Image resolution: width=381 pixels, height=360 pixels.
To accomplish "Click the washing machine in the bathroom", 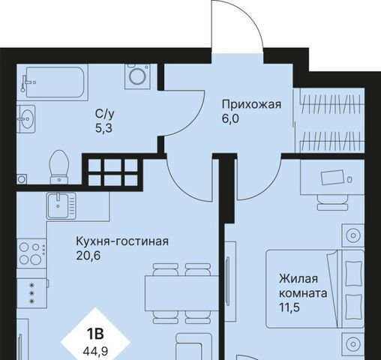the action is [137, 76].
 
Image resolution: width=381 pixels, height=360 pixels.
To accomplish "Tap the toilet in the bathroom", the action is [59, 167].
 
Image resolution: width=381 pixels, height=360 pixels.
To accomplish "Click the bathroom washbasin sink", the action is [26, 119].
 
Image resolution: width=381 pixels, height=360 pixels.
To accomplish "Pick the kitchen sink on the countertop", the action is [61, 205].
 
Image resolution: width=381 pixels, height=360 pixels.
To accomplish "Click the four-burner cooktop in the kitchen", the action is [31, 253].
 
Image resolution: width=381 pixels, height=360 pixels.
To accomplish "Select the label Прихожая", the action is [251, 105].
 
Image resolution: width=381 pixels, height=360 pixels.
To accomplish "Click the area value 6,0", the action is [230, 118].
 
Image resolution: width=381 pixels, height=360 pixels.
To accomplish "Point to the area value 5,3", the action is [103, 128].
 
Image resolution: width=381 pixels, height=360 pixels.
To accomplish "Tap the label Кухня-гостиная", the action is [122, 241].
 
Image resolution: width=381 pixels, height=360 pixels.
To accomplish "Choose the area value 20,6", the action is [88, 256].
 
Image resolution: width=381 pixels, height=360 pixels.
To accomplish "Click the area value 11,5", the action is [289, 307].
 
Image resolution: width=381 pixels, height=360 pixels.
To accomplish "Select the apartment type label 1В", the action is [95, 334].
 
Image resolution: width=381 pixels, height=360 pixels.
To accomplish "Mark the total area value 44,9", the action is [95, 351].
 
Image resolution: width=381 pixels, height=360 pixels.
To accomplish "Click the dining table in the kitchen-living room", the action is [181, 293].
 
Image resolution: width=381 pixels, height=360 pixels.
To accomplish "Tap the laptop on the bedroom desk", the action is [332, 177].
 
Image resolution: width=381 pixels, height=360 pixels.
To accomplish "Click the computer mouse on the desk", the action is [349, 179].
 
